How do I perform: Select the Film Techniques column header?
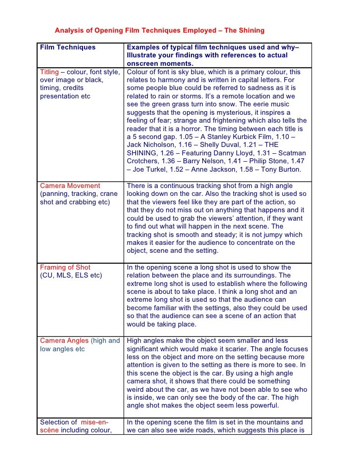point(68,47)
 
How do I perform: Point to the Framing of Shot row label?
point(65,268)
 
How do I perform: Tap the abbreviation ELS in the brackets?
point(78,276)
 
